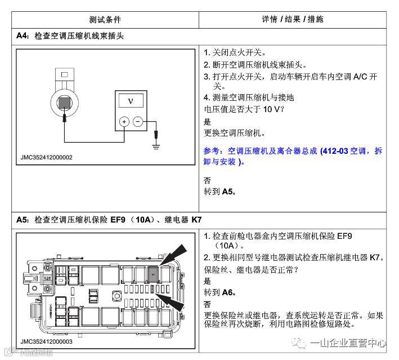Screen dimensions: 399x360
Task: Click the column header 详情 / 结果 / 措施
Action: click(293, 19)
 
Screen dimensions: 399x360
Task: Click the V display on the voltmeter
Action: click(131, 101)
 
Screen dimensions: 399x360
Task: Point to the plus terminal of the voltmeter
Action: click(124, 121)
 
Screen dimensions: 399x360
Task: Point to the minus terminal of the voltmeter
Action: click(138, 121)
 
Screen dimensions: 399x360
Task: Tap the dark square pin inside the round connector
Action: click(65, 103)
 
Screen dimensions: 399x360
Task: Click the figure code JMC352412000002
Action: click(47, 158)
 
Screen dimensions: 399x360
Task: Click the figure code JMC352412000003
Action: click(47, 341)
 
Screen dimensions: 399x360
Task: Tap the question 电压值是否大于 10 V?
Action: click(244, 109)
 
